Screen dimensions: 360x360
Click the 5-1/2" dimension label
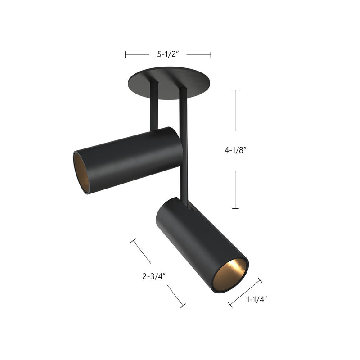tap(168, 55)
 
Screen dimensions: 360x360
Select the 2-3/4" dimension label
tap(155, 276)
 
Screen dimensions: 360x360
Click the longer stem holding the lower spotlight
tap(183, 144)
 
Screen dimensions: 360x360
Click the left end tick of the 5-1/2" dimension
tap(126, 55)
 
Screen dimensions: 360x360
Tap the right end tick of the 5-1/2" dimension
tap(211, 55)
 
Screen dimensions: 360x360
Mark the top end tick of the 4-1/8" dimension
tap(235, 90)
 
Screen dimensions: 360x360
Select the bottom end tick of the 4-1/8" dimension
tap(235, 208)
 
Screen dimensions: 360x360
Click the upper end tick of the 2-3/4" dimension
tap(133, 241)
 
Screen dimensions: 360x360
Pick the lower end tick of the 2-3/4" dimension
tap(183, 306)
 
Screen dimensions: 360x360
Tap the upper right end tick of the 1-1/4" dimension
tap(260, 280)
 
